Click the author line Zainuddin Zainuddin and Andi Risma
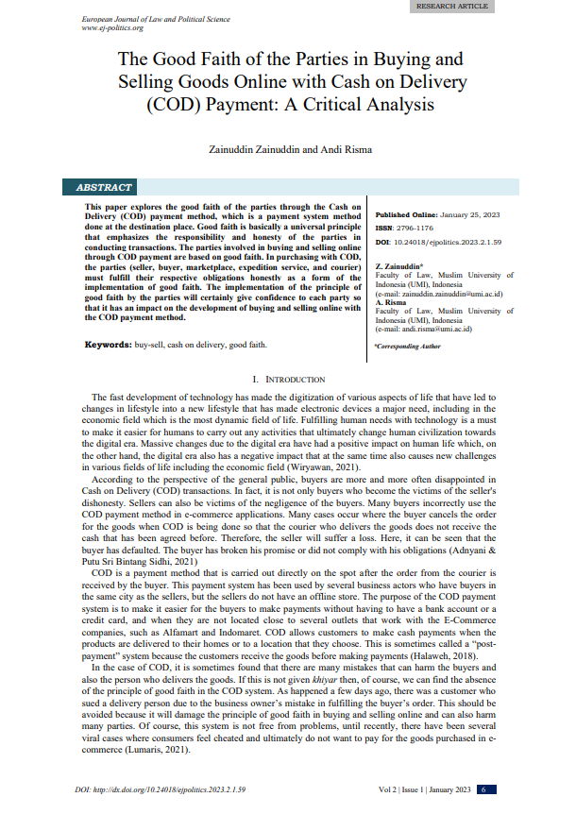(287, 149)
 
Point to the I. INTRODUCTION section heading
(287, 379)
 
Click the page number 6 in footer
(483, 789)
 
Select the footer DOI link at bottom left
(161, 789)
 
